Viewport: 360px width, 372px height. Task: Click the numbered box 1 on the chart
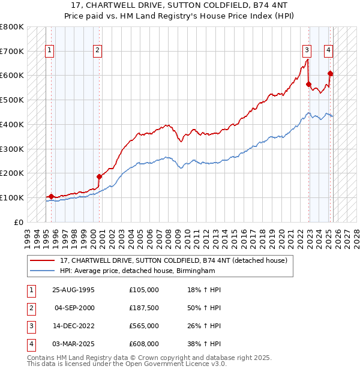click(x=49, y=51)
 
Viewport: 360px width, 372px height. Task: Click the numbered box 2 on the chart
click(x=97, y=51)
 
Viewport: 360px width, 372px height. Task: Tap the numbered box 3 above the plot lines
click(x=307, y=51)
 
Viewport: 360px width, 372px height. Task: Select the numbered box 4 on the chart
click(x=329, y=51)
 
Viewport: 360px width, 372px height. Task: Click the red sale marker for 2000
click(x=100, y=176)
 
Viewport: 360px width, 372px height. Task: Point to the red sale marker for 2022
click(x=309, y=85)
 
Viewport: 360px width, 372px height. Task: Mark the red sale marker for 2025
click(x=331, y=74)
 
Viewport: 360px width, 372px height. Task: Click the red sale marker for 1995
click(x=51, y=196)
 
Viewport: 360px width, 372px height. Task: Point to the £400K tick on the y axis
click(x=13, y=124)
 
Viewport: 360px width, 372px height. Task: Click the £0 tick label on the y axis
click(x=19, y=222)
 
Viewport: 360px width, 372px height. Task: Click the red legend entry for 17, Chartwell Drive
click(x=174, y=261)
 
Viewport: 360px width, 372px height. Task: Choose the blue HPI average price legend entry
click(x=137, y=271)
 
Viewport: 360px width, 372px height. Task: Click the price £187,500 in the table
click(x=143, y=308)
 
